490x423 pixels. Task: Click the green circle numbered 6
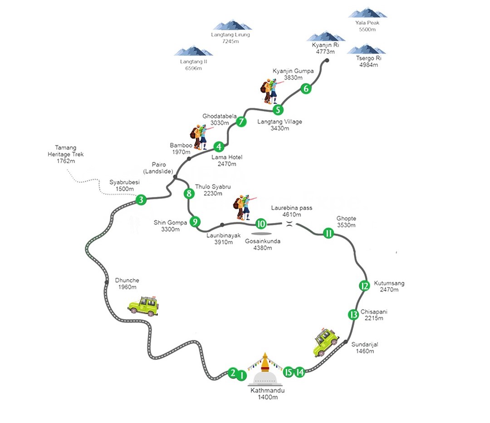306,89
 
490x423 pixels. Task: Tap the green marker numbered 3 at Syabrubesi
141,199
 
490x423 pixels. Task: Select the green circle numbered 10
261,224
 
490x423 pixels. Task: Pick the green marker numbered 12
364,286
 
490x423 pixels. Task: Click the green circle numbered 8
189,193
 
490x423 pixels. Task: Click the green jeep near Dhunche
143,306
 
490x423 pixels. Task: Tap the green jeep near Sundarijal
326,342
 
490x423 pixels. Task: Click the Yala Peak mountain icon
367,13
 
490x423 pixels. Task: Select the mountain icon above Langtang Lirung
232,25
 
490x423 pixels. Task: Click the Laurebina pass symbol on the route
289,224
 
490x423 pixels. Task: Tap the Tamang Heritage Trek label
66,154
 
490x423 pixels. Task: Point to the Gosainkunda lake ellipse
262,234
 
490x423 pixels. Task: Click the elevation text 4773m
325,52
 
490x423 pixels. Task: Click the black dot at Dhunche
107,282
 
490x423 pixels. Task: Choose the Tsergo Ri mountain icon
366,49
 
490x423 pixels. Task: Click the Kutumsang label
389,283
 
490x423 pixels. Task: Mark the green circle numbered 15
289,372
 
